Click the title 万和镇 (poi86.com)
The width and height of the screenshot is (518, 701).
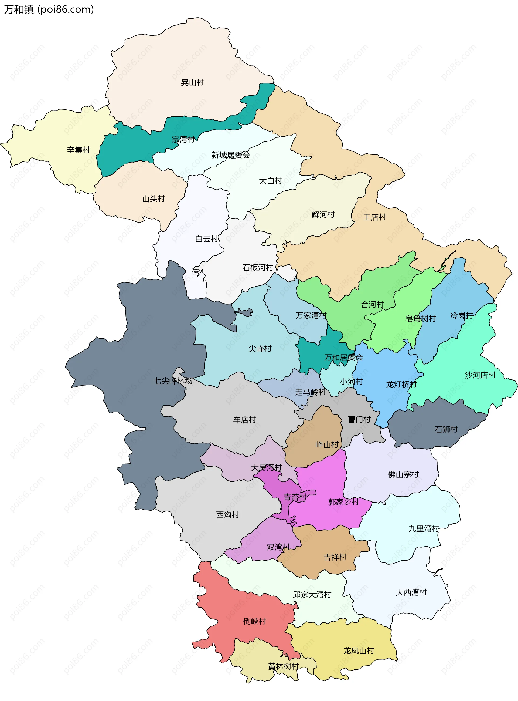(49, 9)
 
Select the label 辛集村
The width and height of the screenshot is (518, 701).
(79, 150)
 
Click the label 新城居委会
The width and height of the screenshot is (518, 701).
(231, 155)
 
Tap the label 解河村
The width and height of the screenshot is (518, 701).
(323, 214)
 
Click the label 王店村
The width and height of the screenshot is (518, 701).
(374, 217)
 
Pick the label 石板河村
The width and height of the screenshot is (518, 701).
(258, 267)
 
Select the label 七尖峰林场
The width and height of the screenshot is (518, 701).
(173, 381)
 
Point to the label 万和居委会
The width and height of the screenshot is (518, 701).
(343, 358)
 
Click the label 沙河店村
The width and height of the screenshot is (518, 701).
(480, 375)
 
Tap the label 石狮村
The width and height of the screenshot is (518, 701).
(446, 429)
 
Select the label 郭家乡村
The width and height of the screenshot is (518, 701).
(343, 502)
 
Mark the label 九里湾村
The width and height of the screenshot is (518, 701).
(424, 528)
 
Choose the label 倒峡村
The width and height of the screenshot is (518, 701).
(255, 621)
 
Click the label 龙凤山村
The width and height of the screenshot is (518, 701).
(359, 651)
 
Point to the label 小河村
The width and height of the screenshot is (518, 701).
(351, 382)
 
